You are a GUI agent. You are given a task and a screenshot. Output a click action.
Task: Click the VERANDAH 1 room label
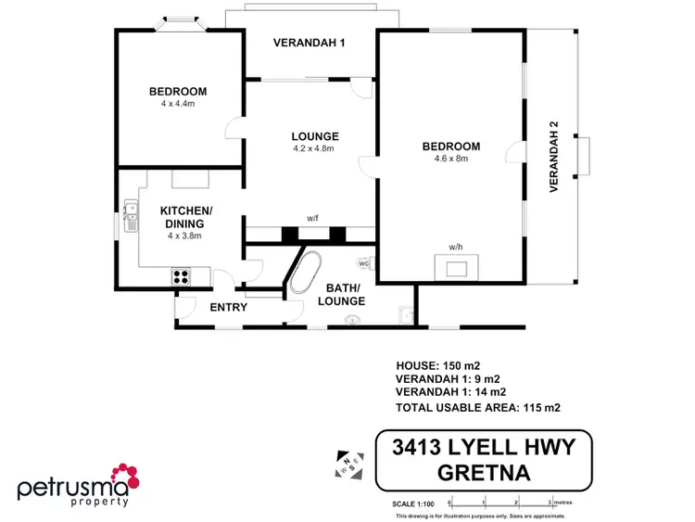coord(308,41)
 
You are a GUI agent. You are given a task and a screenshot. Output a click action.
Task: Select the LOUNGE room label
coord(313,135)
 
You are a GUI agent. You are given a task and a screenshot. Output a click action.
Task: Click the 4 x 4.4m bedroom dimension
coord(178,105)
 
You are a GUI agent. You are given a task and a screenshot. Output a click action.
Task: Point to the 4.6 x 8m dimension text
coord(450,159)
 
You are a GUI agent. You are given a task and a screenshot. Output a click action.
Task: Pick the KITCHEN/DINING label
coord(185,217)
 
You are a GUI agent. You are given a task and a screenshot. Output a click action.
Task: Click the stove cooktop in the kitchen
coord(180,274)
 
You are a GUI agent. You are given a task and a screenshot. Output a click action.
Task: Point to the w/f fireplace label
coord(312,219)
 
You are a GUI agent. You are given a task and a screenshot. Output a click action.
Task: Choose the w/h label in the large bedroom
coord(455,248)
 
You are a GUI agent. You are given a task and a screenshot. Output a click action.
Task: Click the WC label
coord(363,263)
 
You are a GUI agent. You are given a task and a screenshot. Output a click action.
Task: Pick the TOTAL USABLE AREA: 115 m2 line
coord(477,407)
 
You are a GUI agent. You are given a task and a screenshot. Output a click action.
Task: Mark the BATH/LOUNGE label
coord(343,295)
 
